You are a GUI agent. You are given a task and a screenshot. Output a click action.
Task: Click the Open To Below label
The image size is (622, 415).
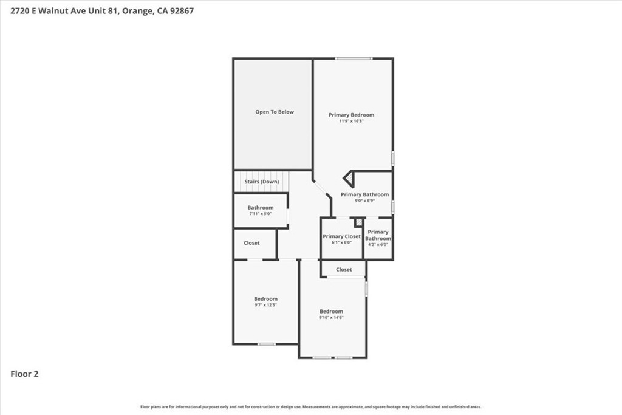[x=275, y=112]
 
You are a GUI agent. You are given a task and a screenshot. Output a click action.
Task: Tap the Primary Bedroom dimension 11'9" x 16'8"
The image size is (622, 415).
[x=351, y=121]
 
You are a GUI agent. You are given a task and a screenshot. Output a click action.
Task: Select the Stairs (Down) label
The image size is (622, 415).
[x=262, y=182]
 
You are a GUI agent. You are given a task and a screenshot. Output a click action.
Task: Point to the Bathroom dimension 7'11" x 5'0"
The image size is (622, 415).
[x=260, y=213]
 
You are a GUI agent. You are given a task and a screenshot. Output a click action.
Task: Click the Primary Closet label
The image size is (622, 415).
[x=341, y=236]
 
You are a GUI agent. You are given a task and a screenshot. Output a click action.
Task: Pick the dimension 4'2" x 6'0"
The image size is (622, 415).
[x=378, y=244]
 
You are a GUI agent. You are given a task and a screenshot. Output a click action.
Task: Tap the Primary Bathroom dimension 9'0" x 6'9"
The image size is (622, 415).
[x=364, y=201]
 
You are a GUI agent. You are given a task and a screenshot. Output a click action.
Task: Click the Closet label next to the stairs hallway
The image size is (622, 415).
[x=251, y=243]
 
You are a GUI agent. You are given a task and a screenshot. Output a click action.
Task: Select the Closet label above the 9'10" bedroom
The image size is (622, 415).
[x=344, y=269]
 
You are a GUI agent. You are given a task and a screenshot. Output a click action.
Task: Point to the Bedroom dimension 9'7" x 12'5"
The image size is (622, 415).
[x=266, y=305]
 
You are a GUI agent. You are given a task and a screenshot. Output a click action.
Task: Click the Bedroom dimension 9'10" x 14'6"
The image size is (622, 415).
[x=331, y=317]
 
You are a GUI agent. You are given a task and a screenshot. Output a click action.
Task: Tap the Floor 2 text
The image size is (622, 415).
[x=24, y=374]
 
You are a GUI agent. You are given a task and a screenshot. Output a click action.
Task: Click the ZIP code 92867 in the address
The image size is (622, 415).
[x=182, y=11]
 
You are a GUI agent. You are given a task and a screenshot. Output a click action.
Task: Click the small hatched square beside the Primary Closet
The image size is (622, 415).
[x=359, y=222]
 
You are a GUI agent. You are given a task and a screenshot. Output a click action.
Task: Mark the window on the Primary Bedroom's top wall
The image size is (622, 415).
[x=354, y=59]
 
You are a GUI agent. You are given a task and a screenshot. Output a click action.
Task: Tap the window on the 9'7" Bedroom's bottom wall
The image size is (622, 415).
[x=267, y=344]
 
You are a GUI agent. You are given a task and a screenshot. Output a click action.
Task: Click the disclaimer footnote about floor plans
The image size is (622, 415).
[x=310, y=406]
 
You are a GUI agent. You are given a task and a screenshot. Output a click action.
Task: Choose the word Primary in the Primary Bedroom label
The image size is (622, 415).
[x=339, y=115]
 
